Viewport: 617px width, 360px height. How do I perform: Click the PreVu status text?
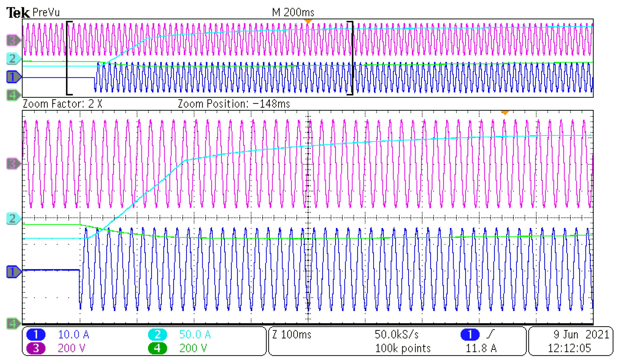[x=46, y=12]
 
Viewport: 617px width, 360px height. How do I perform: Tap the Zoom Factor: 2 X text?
[x=62, y=104]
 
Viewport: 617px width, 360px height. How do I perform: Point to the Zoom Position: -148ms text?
[x=234, y=104]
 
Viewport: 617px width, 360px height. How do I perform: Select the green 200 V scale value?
[x=193, y=348]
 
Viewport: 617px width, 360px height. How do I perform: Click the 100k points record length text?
[x=402, y=348]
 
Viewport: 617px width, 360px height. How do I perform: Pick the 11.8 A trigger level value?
[x=481, y=348]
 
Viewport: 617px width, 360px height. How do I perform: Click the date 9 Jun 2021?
[x=581, y=335]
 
